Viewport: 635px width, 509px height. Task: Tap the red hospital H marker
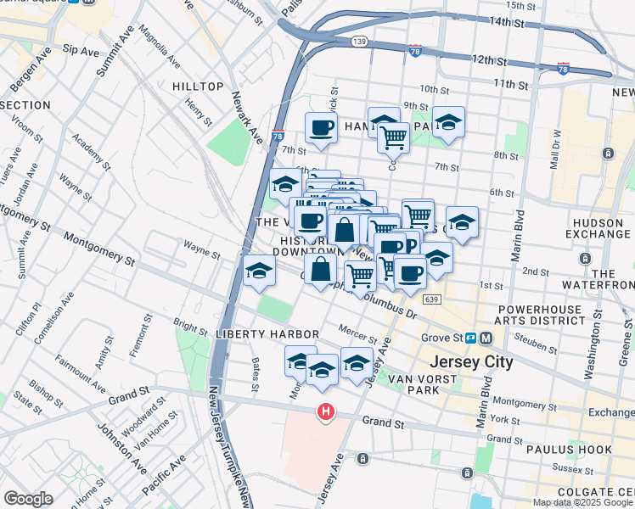(x=325, y=413)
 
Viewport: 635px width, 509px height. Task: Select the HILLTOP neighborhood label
(x=197, y=87)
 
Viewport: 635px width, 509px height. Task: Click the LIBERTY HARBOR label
(x=267, y=335)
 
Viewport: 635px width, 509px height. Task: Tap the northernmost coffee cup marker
(x=321, y=128)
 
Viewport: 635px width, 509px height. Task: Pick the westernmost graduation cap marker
(x=258, y=271)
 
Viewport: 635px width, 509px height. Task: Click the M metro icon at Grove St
(x=486, y=338)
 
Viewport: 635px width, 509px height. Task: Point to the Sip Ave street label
(x=81, y=52)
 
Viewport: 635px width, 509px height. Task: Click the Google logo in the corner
(x=28, y=499)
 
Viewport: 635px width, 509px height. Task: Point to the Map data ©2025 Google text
(x=582, y=502)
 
